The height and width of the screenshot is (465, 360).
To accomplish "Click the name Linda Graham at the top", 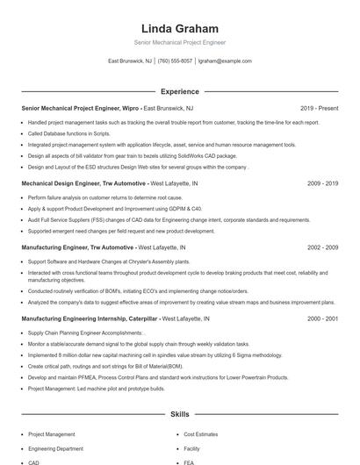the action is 179,29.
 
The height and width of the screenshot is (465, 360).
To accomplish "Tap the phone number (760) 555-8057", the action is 175,61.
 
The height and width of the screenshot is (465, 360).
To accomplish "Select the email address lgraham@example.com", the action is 225,61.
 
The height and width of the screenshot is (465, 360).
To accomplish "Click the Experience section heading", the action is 179,91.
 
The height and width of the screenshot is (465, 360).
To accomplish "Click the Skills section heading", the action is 179,413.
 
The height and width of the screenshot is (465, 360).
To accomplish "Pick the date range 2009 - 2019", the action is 322,183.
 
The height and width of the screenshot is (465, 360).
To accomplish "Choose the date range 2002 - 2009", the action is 322,248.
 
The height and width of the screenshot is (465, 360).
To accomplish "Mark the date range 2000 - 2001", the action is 322,318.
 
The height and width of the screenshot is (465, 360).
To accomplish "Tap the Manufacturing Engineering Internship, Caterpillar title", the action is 89,318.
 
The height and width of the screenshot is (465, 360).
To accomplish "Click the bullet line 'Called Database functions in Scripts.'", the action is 66,133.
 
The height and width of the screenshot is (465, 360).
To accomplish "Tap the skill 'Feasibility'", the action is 201,448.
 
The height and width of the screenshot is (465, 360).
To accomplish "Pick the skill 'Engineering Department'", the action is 57,448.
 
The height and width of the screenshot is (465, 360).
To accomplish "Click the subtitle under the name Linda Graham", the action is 179,42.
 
